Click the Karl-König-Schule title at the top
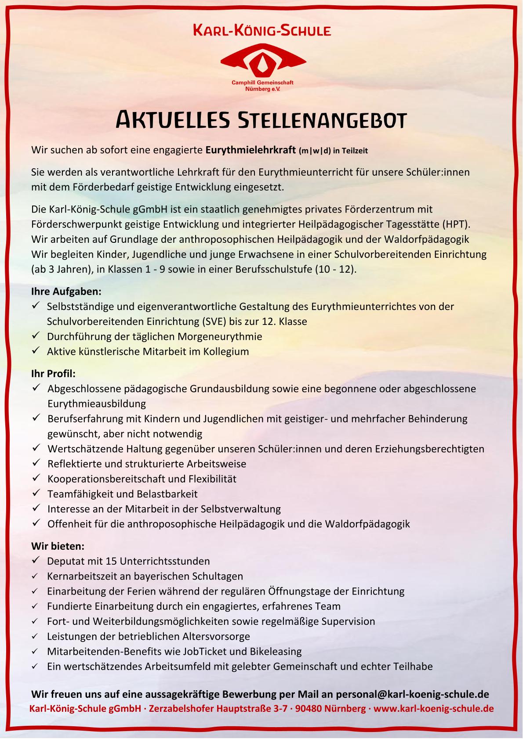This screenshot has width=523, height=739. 262,31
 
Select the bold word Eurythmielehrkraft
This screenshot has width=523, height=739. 251,150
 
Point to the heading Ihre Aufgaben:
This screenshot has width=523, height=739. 66,291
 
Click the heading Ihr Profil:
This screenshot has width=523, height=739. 54,374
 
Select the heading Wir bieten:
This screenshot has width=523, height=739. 58,546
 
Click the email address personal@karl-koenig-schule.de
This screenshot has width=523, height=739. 412,694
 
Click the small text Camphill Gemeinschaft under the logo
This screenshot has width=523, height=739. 262,83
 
